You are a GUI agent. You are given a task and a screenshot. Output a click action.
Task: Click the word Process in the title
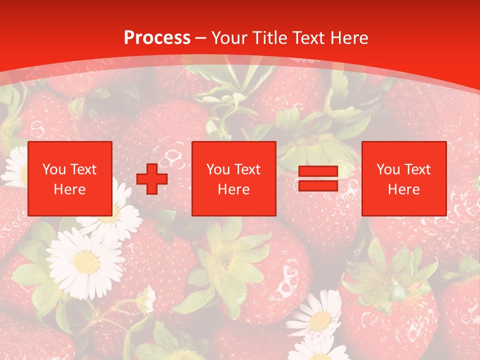[x=157, y=37]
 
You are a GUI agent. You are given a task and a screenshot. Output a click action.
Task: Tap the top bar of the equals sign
[x=318, y=171]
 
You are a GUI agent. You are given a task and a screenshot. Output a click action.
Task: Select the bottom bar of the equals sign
[x=318, y=186]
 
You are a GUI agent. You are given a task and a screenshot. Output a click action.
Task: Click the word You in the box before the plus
[x=53, y=169]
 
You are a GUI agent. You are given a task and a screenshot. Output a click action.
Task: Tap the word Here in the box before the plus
[x=69, y=189]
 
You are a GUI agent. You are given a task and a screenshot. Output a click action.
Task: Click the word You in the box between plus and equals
[x=218, y=169]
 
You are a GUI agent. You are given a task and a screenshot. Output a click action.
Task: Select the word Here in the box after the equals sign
[x=403, y=189]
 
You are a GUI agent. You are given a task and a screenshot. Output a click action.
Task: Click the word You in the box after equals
[x=388, y=169]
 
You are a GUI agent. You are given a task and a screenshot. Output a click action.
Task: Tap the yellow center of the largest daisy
[x=86, y=261]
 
